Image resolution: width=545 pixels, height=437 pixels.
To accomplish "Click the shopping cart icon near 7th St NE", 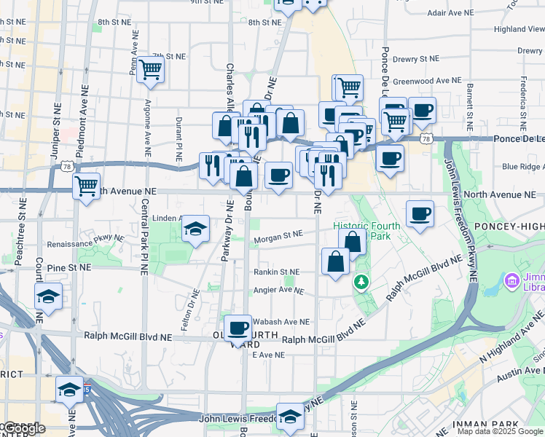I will click(151, 69).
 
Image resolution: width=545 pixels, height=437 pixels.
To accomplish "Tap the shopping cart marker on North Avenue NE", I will click(87, 186).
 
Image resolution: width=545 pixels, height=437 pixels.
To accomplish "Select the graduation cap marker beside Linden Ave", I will click(195, 229).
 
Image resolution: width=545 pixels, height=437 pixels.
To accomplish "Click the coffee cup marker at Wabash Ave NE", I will click(238, 328).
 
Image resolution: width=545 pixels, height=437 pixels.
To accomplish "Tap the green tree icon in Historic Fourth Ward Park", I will click(360, 281).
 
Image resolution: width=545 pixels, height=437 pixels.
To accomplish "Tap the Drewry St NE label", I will click(416, 58).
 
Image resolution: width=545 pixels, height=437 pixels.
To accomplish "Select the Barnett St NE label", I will click(471, 103).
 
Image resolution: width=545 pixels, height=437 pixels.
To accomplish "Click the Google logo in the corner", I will click(23, 428).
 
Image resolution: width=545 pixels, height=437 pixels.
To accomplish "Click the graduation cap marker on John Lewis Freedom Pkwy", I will click(290, 417).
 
